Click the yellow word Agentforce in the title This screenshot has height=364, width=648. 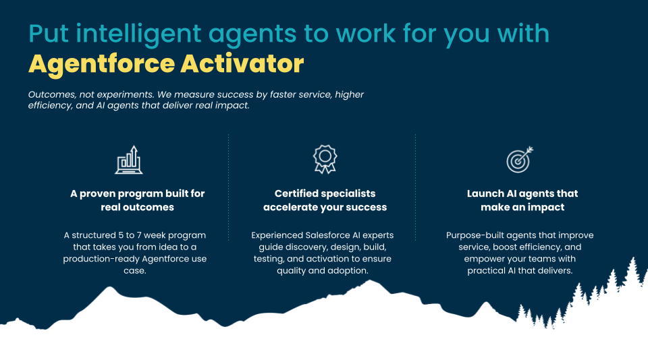click(102, 64)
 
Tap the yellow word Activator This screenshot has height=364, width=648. click(242, 63)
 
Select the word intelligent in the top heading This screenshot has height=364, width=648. click(138, 34)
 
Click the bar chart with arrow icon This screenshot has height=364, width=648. click(129, 160)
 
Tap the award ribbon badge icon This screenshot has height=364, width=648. click(325, 159)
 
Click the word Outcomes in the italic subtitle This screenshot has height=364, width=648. click(52, 94)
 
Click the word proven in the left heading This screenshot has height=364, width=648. click(98, 194)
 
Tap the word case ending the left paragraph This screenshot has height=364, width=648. click(135, 271)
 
